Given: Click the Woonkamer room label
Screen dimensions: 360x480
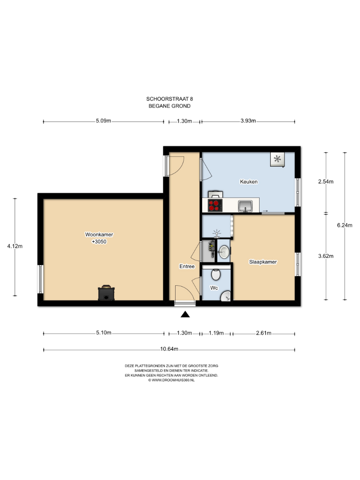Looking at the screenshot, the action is tap(99, 235).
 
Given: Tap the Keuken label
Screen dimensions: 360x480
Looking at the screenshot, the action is tap(248, 181).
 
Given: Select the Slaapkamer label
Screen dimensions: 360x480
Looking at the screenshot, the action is tap(263, 262).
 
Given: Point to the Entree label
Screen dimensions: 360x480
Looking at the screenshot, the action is tap(187, 266).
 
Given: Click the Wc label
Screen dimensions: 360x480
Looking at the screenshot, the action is tap(214, 288).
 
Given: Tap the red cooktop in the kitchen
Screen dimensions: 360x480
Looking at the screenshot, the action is tap(215, 205).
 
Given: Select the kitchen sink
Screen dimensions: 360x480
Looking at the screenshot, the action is tap(245, 206).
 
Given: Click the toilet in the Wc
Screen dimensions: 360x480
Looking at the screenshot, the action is tap(216, 275).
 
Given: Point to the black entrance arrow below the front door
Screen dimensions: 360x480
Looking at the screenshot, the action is tap(185, 314).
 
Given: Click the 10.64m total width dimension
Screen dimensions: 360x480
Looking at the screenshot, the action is tap(169, 349).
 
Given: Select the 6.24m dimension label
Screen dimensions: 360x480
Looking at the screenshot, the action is tap(345, 225).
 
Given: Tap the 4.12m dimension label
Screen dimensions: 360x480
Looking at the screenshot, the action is tap(15, 246).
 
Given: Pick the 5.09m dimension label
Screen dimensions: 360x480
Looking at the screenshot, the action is tap(104, 120).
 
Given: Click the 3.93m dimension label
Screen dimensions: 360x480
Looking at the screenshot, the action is tap(248, 120).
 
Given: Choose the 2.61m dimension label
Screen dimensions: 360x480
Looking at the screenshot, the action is tap(264, 333).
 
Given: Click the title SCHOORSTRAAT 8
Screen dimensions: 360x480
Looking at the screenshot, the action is tap(170, 99).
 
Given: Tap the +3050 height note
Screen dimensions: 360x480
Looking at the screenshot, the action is tap(99, 241).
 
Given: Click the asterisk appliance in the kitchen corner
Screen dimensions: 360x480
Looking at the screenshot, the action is tap(277, 159).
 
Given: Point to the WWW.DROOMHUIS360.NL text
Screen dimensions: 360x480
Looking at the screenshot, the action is tap(173, 380).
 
